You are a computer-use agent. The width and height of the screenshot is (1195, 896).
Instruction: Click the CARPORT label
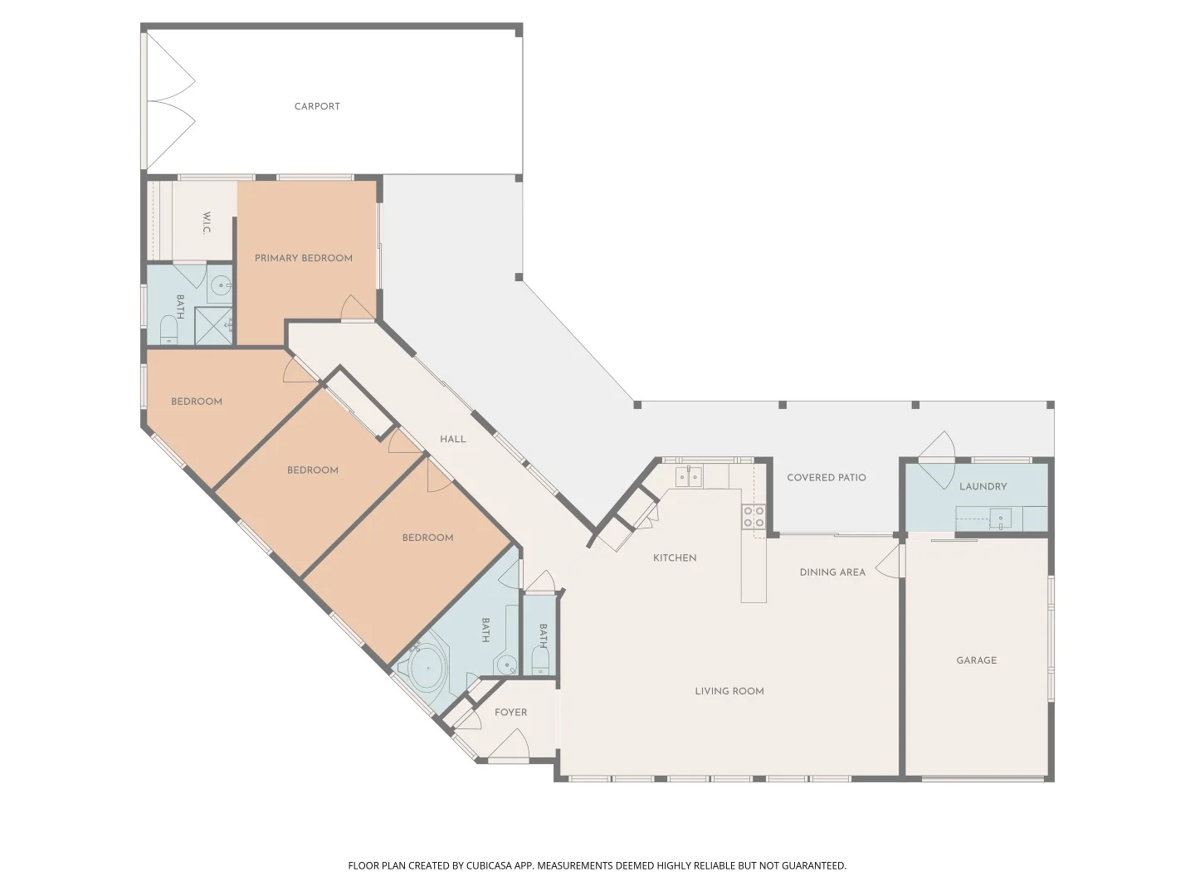[x=317, y=106]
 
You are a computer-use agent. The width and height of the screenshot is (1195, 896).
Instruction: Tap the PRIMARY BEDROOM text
[x=303, y=258]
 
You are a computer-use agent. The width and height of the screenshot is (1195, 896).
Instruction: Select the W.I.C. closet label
[x=206, y=223]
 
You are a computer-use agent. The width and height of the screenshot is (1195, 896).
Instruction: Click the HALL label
[x=452, y=439]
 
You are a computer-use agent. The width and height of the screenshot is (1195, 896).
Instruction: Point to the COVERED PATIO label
[x=826, y=478]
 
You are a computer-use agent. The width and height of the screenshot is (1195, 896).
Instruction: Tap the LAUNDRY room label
[x=983, y=487]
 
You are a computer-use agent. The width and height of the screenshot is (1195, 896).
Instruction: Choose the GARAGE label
[x=976, y=660]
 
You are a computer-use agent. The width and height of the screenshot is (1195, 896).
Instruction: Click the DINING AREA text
[x=832, y=572]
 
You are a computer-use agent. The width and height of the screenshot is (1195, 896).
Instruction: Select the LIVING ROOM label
[x=729, y=691]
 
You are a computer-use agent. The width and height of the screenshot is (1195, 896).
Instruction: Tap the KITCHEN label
[x=675, y=558]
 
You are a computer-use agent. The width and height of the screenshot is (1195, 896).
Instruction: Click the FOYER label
[x=510, y=713]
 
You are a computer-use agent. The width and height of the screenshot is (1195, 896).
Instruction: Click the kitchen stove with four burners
[x=754, y=517]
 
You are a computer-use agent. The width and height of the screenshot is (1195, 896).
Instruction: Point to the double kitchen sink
[x=688, y=477]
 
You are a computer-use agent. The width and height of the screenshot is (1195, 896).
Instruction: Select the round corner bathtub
[x=427, y=668]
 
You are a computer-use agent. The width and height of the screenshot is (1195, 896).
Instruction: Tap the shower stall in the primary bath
[x=215, y=325]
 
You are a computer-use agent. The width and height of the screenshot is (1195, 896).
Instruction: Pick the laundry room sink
[x=1000, y=520]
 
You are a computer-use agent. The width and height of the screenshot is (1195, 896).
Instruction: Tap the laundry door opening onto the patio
[x=938, y=460]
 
